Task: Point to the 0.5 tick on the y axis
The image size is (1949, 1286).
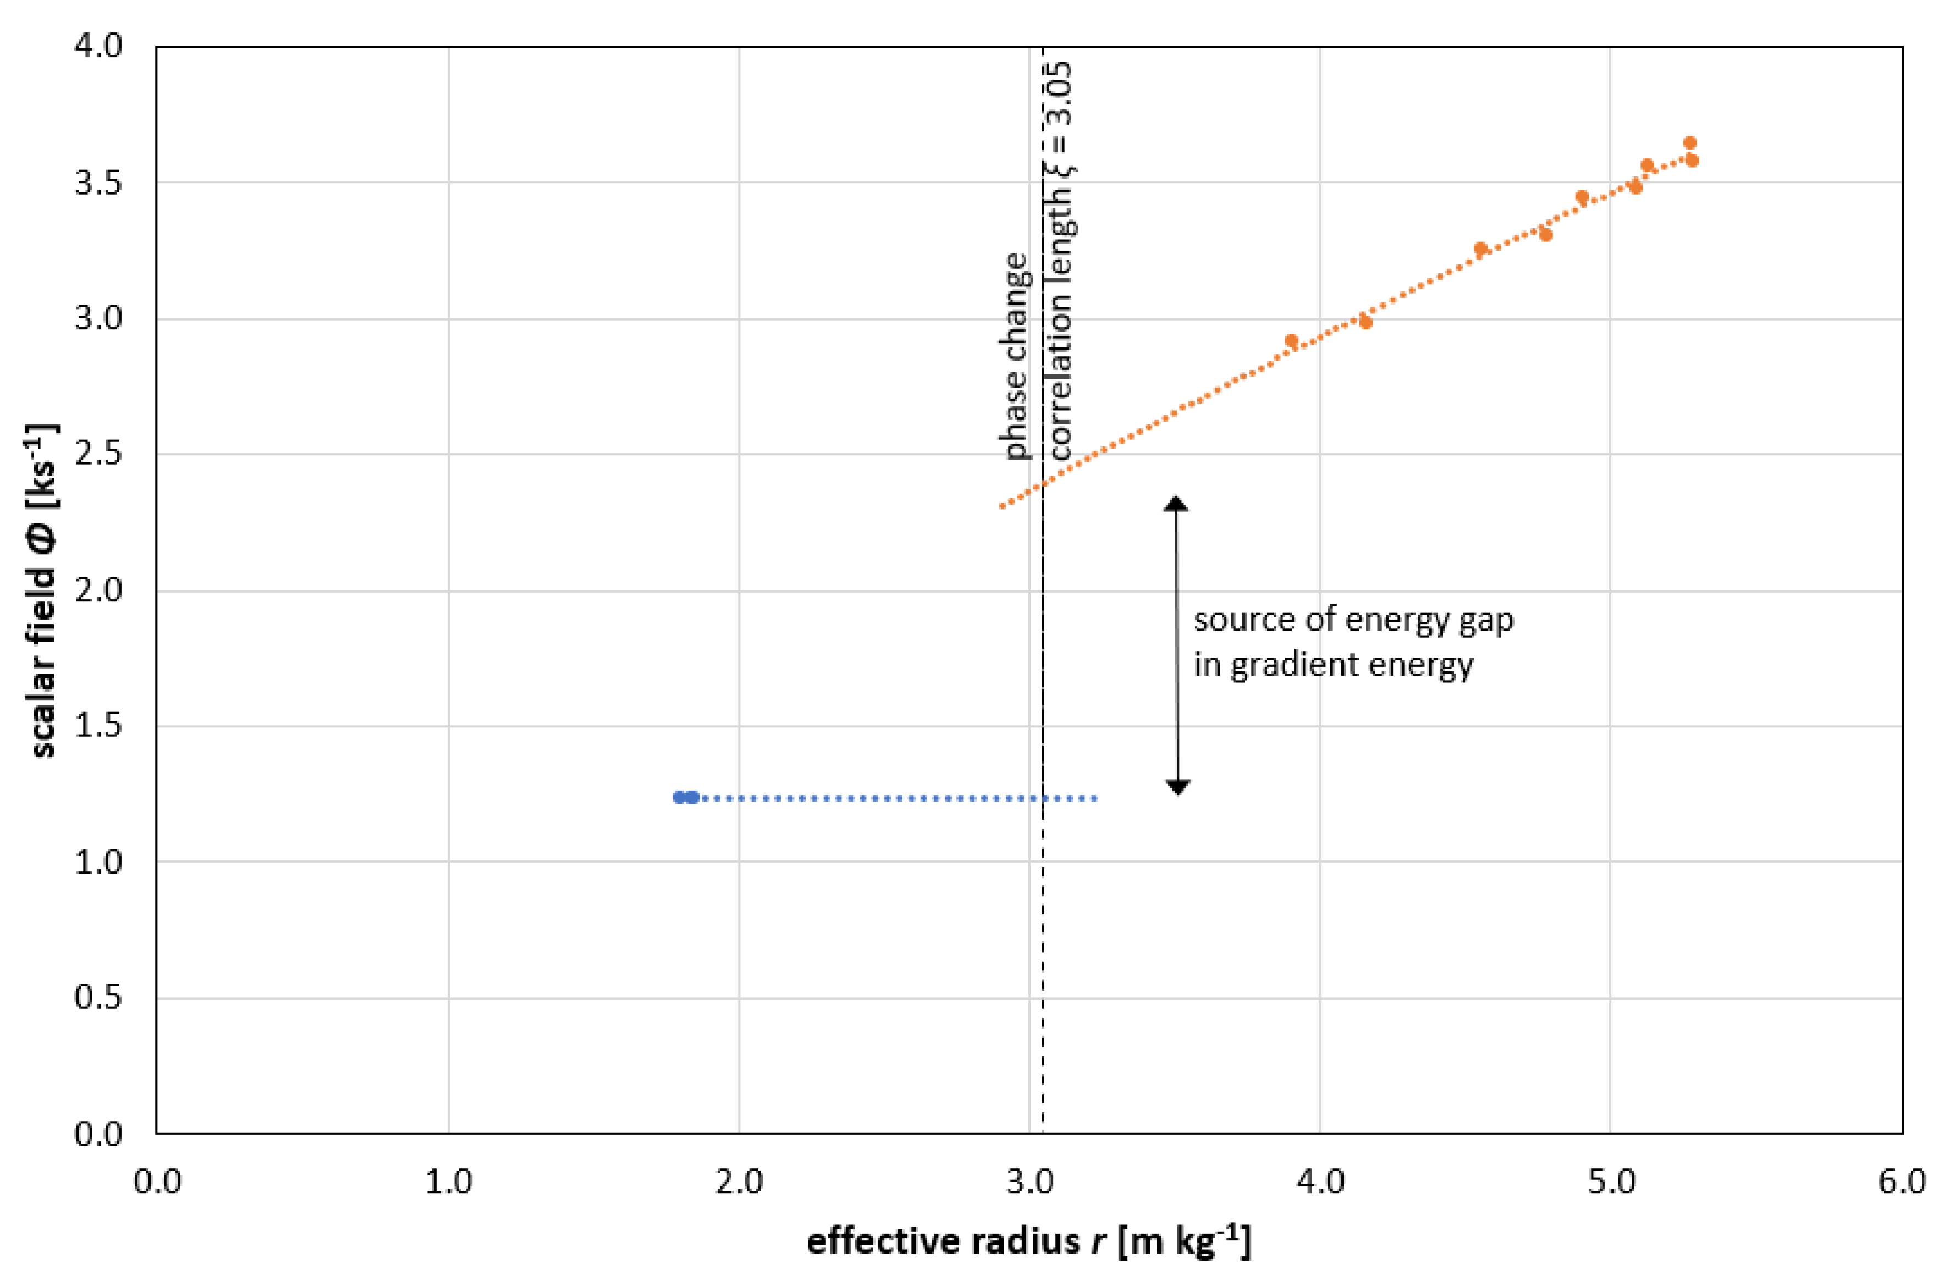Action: pyautogui.click(x=97, y=998)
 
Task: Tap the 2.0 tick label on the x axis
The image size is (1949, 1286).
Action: pyautogui.click(x=738, y=1182)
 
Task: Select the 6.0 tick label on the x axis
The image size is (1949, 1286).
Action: pyautogui.click(x=1901, y=1182)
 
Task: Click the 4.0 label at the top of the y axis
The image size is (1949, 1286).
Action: pyautogui.click(x=97, y=46)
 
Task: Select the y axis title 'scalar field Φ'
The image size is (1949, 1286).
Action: pyautogui.click(x=43, y=590)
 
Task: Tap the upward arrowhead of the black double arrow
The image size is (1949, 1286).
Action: pyautogui.click(x=1176, y=504)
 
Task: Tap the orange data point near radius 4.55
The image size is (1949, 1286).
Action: pyautogui.click(x=1480, y=249)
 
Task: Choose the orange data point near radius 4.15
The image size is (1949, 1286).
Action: pyautogui.click(x=1365, y=322)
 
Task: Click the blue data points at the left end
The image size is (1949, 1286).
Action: pyautogui.click(x=685, y=797)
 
